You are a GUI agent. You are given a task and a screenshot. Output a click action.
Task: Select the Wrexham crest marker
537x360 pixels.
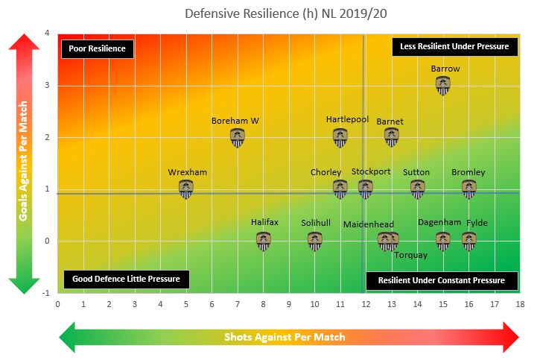click(186, 189)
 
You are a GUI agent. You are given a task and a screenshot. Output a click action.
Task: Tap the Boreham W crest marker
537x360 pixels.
click(238, 136)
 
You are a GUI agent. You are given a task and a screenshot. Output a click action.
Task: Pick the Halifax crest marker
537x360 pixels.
click(264, 240)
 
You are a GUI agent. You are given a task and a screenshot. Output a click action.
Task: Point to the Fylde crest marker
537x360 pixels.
click(468, 240)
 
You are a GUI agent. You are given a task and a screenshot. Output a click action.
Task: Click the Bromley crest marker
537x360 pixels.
click(468, 189)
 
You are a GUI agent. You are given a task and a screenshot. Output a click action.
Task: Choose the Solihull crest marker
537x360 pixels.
click(315, 240)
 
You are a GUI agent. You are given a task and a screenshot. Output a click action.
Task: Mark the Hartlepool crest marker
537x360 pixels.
click(340, 136)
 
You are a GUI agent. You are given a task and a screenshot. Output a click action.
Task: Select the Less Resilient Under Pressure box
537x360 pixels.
click(454, 46)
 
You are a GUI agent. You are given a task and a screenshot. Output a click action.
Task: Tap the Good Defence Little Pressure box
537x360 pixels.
click(127, 280)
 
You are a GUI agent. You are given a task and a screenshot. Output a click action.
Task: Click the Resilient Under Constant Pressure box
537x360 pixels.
click(442, 280)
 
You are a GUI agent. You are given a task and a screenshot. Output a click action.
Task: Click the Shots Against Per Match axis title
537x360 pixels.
click(285, 337)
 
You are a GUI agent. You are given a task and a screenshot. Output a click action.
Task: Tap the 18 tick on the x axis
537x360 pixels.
click(519, 304)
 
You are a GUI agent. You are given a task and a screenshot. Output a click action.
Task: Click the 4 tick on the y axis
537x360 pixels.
click(48, 34)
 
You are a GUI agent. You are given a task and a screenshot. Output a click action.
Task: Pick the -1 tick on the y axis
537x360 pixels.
click(46, 292)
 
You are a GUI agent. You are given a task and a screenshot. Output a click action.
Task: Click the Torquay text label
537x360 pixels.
click(410, 255)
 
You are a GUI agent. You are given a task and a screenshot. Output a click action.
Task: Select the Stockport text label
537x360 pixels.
click(371, 172)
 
